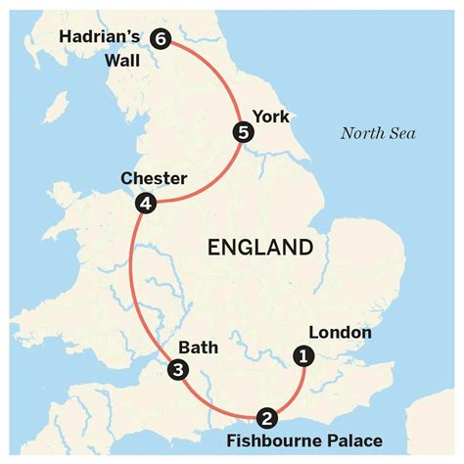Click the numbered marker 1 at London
[303, 356]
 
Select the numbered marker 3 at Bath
[177, 369]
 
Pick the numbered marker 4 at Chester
[146, 203]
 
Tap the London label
[338, 332]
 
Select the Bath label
[198, 347]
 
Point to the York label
[271, 116]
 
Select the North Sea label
[373, 133]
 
